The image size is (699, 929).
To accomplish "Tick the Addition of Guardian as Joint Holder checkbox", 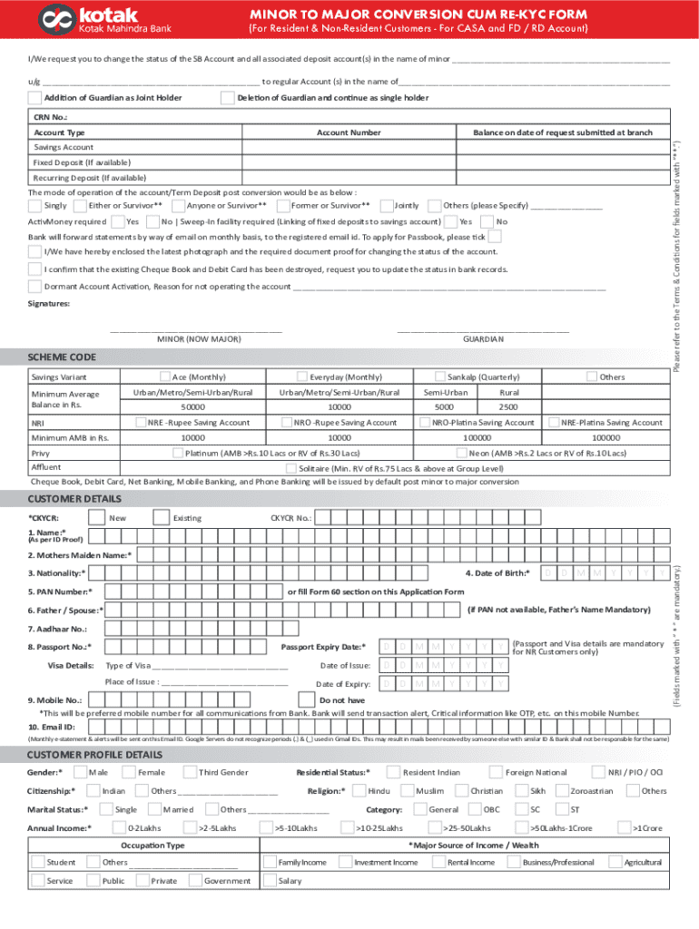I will pos(34,98).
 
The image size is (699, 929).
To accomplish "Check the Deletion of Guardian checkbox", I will pos(227,98).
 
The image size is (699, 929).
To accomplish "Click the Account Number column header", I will pos(349,132).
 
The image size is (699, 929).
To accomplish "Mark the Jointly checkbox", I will pos(387,206).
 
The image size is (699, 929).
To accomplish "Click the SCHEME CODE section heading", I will pos(62,357).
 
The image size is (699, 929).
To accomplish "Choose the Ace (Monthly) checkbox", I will pos(165,376).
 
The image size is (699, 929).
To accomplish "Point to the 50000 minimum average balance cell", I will pos(193,407).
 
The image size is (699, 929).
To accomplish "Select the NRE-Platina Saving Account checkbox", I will pos(554,423).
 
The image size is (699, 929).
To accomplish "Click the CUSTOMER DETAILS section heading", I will pos(74,499).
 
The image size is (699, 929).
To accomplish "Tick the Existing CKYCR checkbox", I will pos(164,518).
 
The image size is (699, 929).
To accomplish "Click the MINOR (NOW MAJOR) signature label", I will pos(199,338).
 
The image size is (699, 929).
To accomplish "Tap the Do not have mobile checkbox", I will pos(309,700).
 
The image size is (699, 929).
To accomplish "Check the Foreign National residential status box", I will pos(497,772).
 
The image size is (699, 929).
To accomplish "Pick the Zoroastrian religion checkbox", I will pos(560,791).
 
